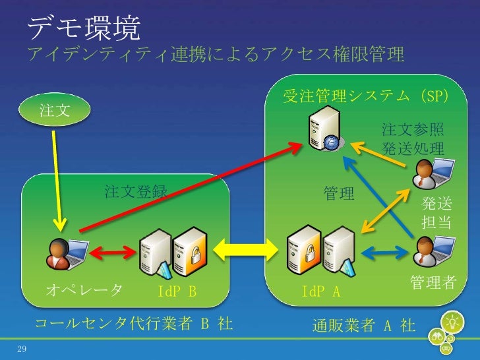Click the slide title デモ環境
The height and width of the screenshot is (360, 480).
[x=84, y=28]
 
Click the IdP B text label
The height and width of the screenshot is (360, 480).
[x=177, y=291]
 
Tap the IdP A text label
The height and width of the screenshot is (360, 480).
[x=320, y=291]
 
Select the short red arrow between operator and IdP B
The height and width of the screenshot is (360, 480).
[x=113, y=251]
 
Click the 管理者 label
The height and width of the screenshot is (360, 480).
[x=433, y=282]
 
